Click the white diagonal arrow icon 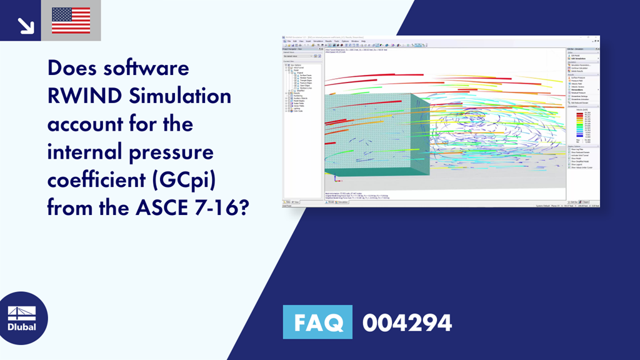25,24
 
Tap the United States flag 71,21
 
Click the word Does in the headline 74,69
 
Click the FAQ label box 317,322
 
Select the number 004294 407,322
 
